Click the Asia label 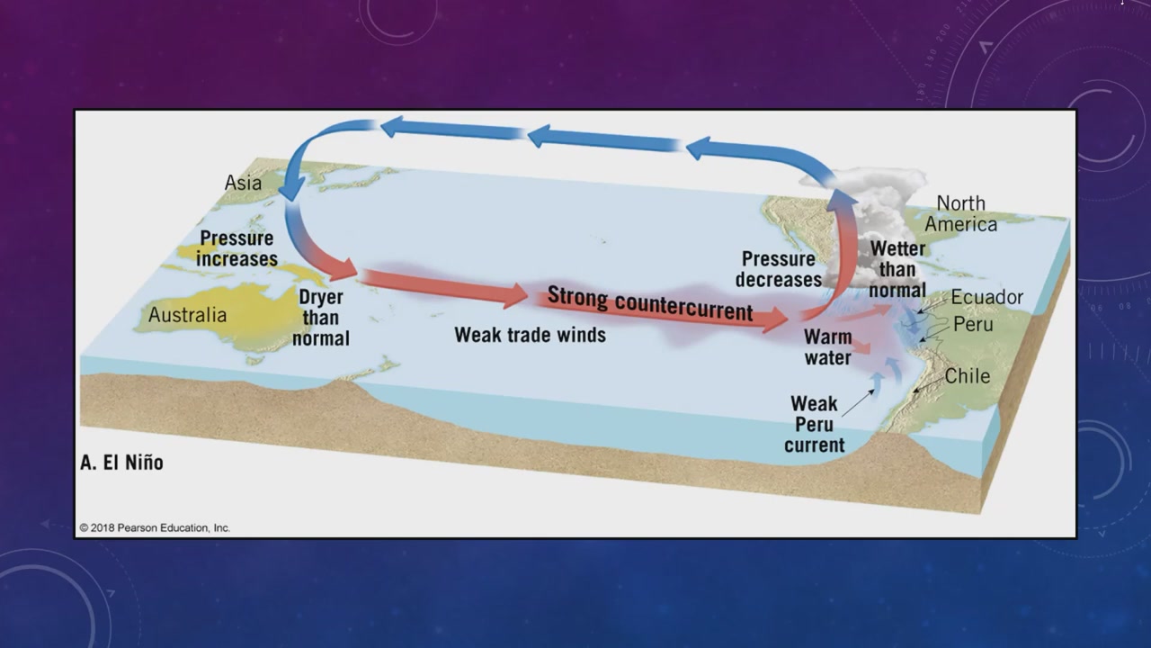(243, 183)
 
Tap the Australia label (188, 315)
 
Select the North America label (961, 213)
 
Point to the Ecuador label (987, 297)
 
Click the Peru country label (973, 324)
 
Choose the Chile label (968, 376)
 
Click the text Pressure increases (236, 248)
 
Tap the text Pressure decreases (779, 269)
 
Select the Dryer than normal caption (321, 318)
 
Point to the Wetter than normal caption (897, 269)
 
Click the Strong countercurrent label (650, 303)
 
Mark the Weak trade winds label (531, 335)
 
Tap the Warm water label (828, 347)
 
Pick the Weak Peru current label (815, 424)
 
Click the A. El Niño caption (121, 463)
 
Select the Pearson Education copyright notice (155, 527)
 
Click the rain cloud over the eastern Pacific (869, 226)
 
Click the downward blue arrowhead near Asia (291, 190)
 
